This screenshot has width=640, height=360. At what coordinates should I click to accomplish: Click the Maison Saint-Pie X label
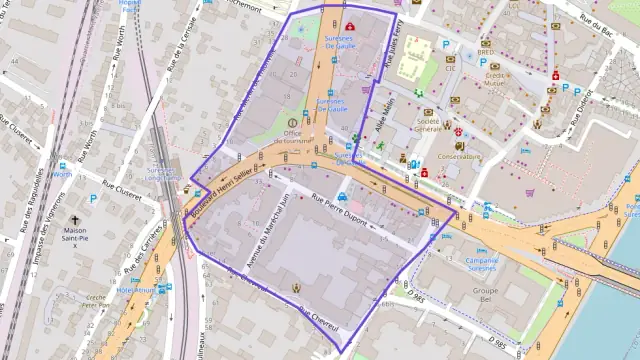[x=74, y=235]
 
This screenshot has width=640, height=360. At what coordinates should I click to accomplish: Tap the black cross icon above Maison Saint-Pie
[x=74, y=218]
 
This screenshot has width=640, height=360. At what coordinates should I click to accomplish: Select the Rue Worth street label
[x=88, y=148]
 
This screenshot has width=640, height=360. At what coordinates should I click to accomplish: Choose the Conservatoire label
[x=460, y=156]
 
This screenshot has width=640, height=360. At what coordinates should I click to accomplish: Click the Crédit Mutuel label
[x=495, y=80]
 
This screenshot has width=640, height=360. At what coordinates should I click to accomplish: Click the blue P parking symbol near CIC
[x=446, y=45]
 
